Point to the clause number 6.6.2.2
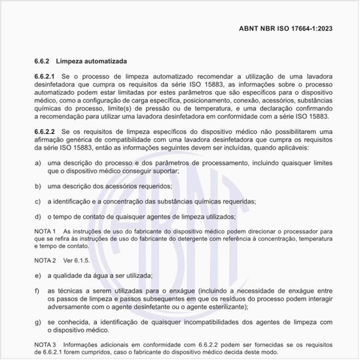click(45, 132)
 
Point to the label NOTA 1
click(45, 232)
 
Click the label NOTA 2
click(45, 261)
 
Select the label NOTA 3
click(45, 344)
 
